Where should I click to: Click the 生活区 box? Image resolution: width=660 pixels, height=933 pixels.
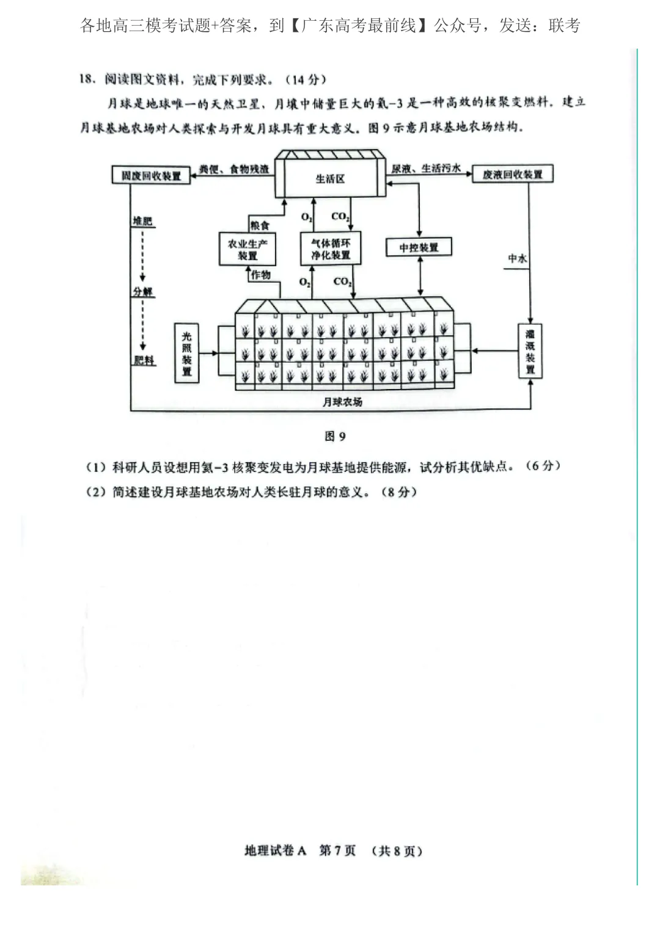point(330,178)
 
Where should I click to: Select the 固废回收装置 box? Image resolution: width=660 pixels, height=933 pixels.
point(151,176)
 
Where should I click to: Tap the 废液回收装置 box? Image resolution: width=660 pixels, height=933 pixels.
point(512,175)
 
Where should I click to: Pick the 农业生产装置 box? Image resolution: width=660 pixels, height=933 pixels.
point(247,249)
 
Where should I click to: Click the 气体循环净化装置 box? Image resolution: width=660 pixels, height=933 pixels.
point(331,249)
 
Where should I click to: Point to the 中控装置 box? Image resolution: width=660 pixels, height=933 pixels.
point(419,247)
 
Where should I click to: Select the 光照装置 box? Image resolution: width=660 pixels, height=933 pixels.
point(187,354)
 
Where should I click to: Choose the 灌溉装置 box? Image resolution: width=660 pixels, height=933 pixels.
point(530,351)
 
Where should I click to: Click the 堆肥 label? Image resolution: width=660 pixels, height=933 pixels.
point(142,221)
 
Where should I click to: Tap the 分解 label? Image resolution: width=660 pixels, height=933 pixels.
point(143,291)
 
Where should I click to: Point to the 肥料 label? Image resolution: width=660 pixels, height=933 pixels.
point(144,360)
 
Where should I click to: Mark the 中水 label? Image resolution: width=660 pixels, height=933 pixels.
point(516,259)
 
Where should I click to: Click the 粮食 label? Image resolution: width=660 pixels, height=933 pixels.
point(260,225)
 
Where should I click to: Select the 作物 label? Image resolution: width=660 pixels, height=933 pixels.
point(261,275)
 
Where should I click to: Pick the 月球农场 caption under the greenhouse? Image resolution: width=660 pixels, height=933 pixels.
point(342,402)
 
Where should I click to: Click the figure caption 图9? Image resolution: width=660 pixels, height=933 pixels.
point(335,436)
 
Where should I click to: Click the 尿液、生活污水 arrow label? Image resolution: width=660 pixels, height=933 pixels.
point(426,169)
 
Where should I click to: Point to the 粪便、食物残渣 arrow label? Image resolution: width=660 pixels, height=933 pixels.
point(234,169)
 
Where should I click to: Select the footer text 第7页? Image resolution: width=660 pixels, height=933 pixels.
point(337,851)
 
